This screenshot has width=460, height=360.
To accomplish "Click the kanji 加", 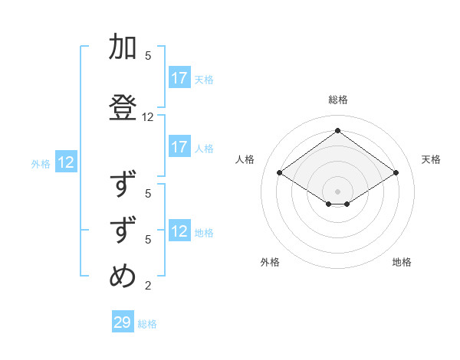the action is pyautogui.click(x=123, y=47).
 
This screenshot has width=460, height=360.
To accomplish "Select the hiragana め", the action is pyautogui.click(x=123, y=277).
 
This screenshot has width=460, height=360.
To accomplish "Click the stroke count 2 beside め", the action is pyautogui.click(x=148, y=286).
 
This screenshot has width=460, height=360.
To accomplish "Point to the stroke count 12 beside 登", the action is pyautogui.click(x=148, y=117).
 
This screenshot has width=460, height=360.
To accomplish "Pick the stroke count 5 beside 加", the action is pyautogui.click(x=148, y=56).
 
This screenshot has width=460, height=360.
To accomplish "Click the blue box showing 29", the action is pyautogui.click(x=123, y=322).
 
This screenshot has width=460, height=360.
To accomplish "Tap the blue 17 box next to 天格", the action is pyautogui.click(x=179, y=78).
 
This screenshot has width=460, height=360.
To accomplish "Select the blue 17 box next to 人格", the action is pyautogui.click(x=179, y=147).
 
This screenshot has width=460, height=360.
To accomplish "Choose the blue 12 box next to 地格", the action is pyautogui.click(x=179, y=231).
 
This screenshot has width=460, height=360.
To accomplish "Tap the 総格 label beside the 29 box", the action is pyautogui.click(x=148, y=324).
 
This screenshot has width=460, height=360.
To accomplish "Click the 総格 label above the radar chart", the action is pyautogui.click(x=337, y=100).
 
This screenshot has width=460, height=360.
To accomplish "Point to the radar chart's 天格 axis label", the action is pyautogui.click(x=431, y=159).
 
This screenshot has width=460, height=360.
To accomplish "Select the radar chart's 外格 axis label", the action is pyautogui.click(x=270, y=262).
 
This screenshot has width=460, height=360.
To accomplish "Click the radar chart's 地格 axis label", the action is pyautogui.click(x=402, y=262).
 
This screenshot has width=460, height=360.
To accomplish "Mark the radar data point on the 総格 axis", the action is pyautogui.click(x=337, y=130).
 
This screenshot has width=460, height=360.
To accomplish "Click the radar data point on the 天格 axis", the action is pyautogui.click(x=396, y=173).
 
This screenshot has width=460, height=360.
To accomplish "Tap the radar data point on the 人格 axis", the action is pyautogui.click(x=280, y=173).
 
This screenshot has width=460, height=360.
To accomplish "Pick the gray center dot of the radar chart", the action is pyautogui.click(x=337, y=191).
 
